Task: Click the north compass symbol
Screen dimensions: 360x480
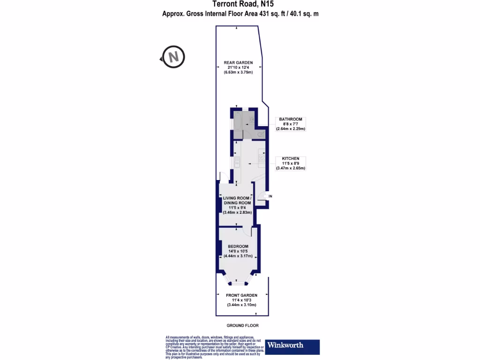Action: pyautogui.click(x=173, y=57)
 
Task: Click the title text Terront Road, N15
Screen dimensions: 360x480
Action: pyautogui.click(x=240, y=4)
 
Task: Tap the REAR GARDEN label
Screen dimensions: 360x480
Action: pyautogui.click(x=238, y=62)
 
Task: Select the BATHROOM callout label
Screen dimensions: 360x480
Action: pyautogui.click(x=290, y=119)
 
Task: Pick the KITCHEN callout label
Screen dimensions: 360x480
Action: pyautogui.click(x=290, y=159)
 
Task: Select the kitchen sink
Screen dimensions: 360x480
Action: pyautogui.click(x=238, y=162)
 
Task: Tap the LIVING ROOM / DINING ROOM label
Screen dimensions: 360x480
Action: pyautogui.click(x=237, y=200)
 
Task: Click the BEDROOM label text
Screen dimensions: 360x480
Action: pyautogui.click(x=238, y=246)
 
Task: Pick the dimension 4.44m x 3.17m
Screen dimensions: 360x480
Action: pyautogui.click(x=238, y=256)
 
